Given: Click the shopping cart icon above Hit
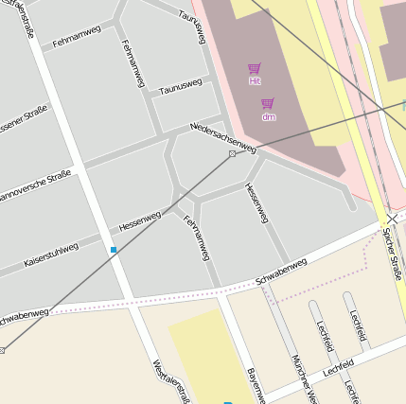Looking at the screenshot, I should tap(254, 69).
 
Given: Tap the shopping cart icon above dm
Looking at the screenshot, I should tap(268, 104).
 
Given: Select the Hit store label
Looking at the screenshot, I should tap(255, 81).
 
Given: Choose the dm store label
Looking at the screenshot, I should tap(269, 116).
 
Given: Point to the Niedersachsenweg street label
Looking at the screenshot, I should tap(223, 136).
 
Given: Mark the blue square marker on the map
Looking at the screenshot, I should tap(114, 250).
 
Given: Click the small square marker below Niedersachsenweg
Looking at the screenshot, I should tap(232, 153).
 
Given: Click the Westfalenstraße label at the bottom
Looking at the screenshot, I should tap(171, 380).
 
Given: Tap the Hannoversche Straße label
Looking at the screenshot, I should tap(35, 185).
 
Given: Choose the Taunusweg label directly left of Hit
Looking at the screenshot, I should tap(181, 88).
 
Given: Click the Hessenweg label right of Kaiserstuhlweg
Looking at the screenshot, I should tap(140, 221).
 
